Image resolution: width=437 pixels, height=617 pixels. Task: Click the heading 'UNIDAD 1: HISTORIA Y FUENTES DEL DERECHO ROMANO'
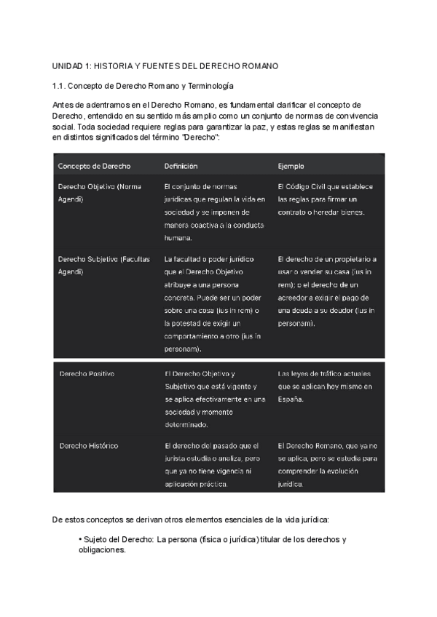point(166,66)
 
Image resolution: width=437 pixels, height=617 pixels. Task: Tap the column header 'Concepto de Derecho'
point(89,166)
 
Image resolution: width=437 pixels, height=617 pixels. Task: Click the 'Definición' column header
point(181,166)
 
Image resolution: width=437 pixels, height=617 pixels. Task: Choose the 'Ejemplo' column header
point(291,166)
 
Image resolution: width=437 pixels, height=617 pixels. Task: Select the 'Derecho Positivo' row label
point(86,373)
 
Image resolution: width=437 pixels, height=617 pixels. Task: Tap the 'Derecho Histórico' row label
point(88,445)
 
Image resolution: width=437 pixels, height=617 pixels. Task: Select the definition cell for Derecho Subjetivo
point(213,303)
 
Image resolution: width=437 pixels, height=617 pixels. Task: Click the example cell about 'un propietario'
point(327,291)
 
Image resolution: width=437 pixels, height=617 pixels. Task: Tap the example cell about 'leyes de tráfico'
point(325,386)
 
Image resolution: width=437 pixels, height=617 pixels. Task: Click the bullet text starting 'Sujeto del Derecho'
point(211,544)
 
